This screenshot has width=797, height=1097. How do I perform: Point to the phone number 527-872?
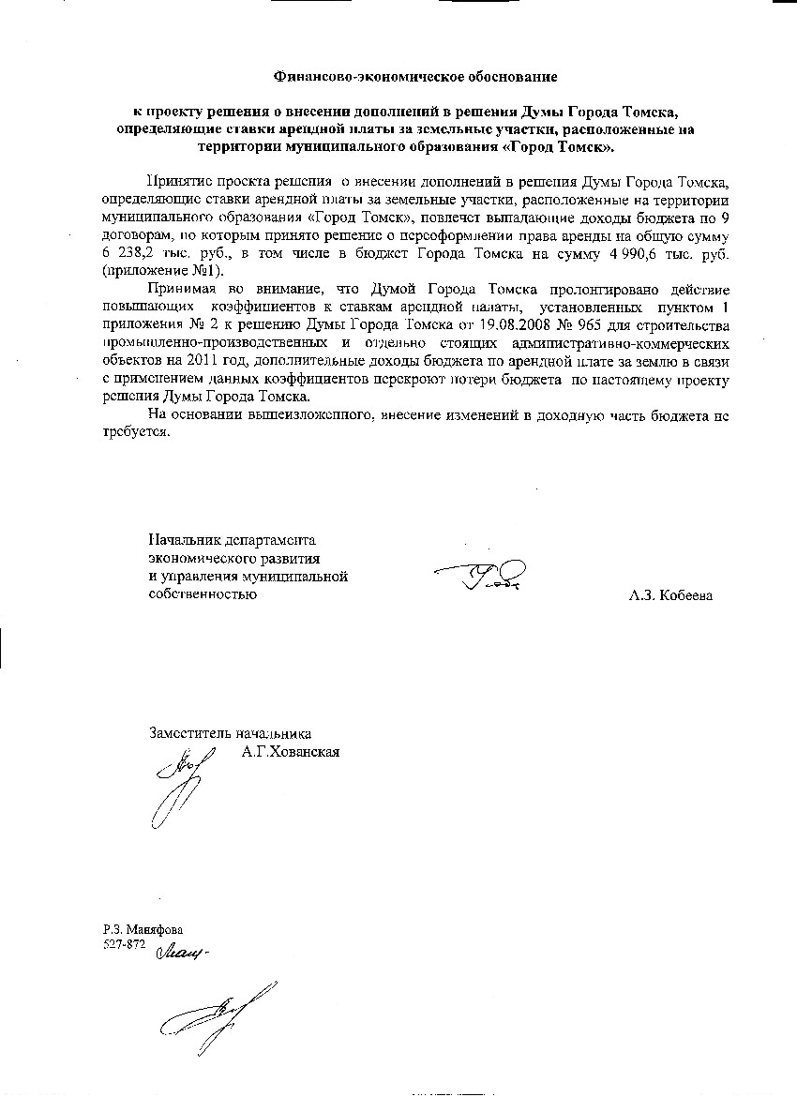pos(124,944)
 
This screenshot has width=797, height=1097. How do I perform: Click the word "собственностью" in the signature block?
pos(203,594)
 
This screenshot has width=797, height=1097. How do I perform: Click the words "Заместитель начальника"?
pos(230,734)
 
